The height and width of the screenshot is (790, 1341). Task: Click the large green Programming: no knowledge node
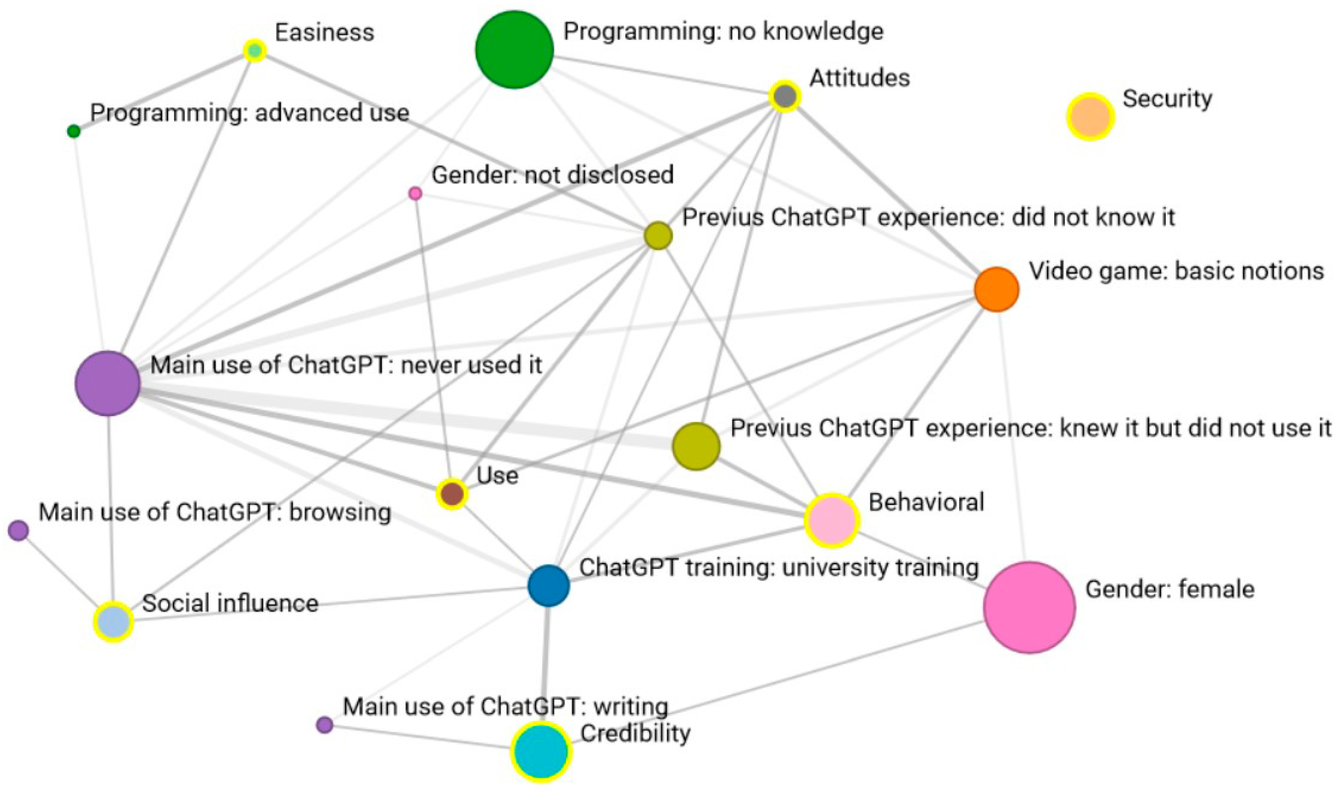pos(514,49)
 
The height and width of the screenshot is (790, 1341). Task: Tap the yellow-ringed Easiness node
pos(255,51)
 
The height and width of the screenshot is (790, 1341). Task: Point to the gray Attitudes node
pos(785,96)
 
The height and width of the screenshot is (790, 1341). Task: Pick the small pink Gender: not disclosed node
pos(415,193)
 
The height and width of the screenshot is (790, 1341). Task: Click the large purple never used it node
pos(108,383)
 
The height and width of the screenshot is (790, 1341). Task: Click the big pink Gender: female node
pos(1029,608)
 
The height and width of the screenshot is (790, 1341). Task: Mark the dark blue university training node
pos(549,585)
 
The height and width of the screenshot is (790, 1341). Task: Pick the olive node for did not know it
pos(658,236)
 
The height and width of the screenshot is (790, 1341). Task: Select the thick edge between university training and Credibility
pos(545,660)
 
